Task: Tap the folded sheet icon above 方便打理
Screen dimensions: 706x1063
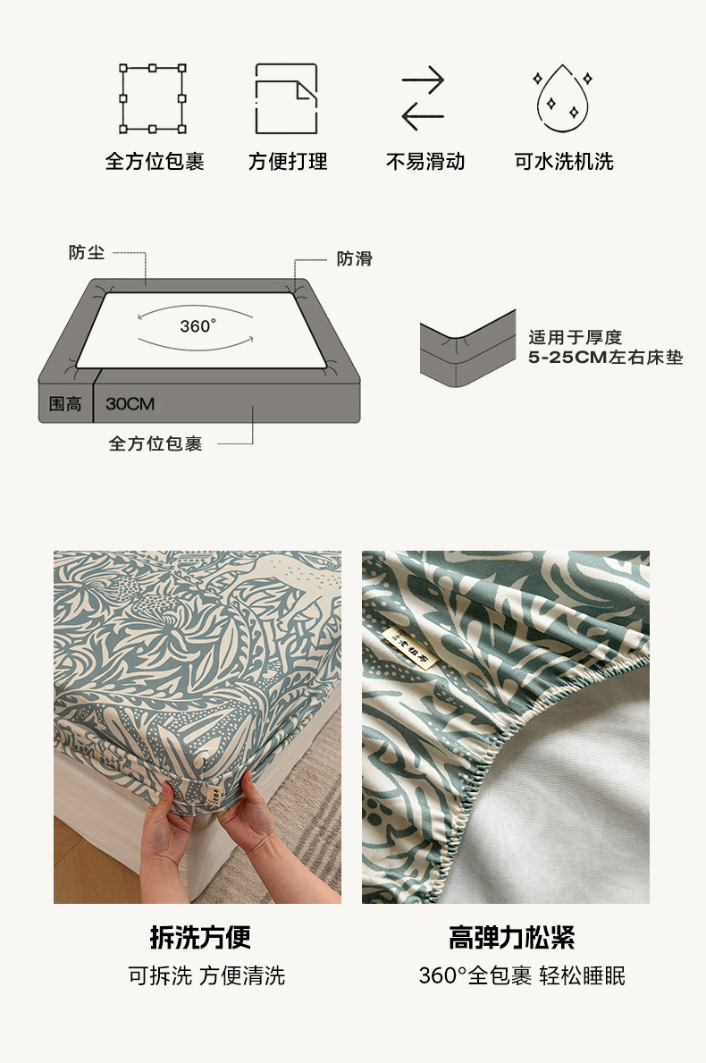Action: pos(257,99)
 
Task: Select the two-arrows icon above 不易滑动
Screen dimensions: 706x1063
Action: pos(423,98)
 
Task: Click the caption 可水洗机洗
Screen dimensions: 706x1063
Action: pos(564,161)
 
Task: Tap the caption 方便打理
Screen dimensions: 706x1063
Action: pos(288,161)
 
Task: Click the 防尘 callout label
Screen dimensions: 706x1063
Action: pos(87,253)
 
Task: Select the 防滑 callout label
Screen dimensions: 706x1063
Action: pos(355,258)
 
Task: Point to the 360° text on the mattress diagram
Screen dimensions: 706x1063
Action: pos(198,326)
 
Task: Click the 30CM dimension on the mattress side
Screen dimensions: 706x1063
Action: pos(130,404)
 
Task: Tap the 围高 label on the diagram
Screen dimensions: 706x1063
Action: pos(65,404)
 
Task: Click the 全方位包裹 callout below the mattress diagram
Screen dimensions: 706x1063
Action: pos(155,443)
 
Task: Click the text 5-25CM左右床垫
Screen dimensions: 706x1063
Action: pos(606,358)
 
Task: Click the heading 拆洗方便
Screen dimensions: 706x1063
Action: pos(200,938)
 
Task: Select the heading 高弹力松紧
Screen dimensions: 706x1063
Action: pos(511,938)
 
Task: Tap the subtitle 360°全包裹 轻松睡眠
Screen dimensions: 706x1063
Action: pos(522,975)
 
